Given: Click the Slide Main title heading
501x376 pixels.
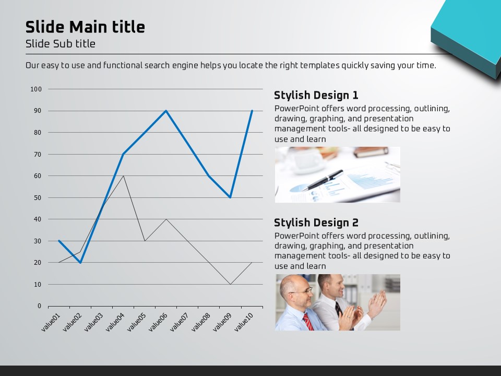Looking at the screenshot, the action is click(85, 27).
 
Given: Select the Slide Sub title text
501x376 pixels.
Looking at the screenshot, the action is click(61, 44).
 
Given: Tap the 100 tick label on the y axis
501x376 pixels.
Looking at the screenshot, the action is click(36, 89).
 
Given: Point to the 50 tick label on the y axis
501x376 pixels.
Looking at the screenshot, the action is click(38, 197).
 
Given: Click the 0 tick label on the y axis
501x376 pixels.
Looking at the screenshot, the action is click(39, 306).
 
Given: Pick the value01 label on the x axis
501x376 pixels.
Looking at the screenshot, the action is click(51, 322).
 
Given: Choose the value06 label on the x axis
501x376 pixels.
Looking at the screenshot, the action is click(158, 322).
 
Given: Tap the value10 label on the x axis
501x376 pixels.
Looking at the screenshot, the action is click(244, 322).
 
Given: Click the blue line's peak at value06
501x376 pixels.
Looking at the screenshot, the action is click(166, 111).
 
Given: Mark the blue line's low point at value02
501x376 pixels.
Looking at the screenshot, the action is click(80, 263).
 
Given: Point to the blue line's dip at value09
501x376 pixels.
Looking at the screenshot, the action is click(230, 197).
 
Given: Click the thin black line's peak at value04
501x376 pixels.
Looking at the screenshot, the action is click(123, 176).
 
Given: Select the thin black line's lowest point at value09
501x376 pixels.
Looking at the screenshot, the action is click(230, 284).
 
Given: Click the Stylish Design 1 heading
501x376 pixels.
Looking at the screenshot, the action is click(316, 95).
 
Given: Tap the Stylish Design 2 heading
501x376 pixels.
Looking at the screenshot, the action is click(316, 222).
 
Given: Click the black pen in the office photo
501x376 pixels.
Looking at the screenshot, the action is click(322, 180).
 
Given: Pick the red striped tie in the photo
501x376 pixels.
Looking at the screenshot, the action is click(308, 322).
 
